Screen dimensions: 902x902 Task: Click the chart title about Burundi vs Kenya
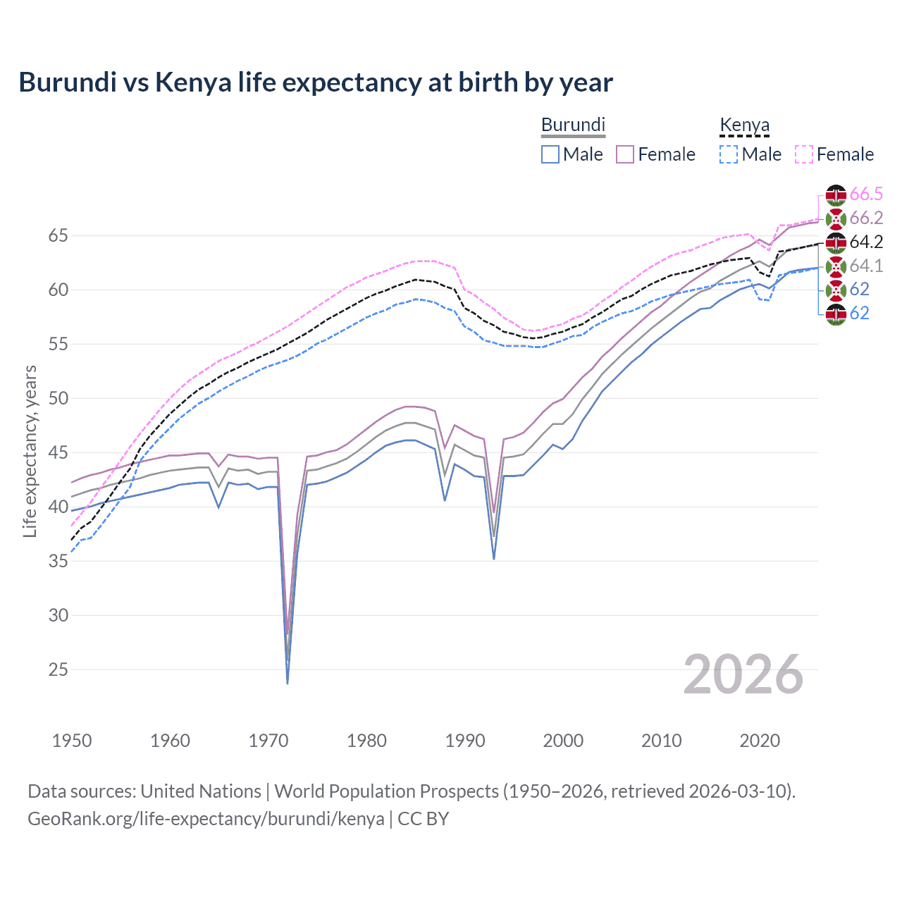point(316,82)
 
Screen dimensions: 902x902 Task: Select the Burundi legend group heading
point(573,125)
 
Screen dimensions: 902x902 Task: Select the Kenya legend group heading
point(744,125)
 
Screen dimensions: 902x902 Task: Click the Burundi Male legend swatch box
point(550,154)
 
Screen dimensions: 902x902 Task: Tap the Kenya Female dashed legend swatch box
point(804,154)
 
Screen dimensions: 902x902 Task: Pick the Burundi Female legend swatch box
point(626,154)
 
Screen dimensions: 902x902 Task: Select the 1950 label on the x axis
point(72,741)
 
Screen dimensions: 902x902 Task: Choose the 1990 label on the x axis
point(465,741)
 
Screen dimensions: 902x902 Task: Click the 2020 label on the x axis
point(760,741)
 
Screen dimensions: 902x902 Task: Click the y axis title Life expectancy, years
point(30,451)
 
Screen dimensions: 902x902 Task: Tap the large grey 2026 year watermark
point(743,675)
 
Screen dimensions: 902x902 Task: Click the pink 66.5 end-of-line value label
point(866,194)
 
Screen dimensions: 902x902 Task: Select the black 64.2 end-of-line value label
point(866,242)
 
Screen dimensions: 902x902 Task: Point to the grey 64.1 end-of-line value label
point(866,266)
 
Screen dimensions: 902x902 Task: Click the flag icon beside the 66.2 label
point(836,218)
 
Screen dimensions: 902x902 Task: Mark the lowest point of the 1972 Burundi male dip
point(288,683)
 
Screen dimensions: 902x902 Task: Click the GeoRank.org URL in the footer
point(206,819)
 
